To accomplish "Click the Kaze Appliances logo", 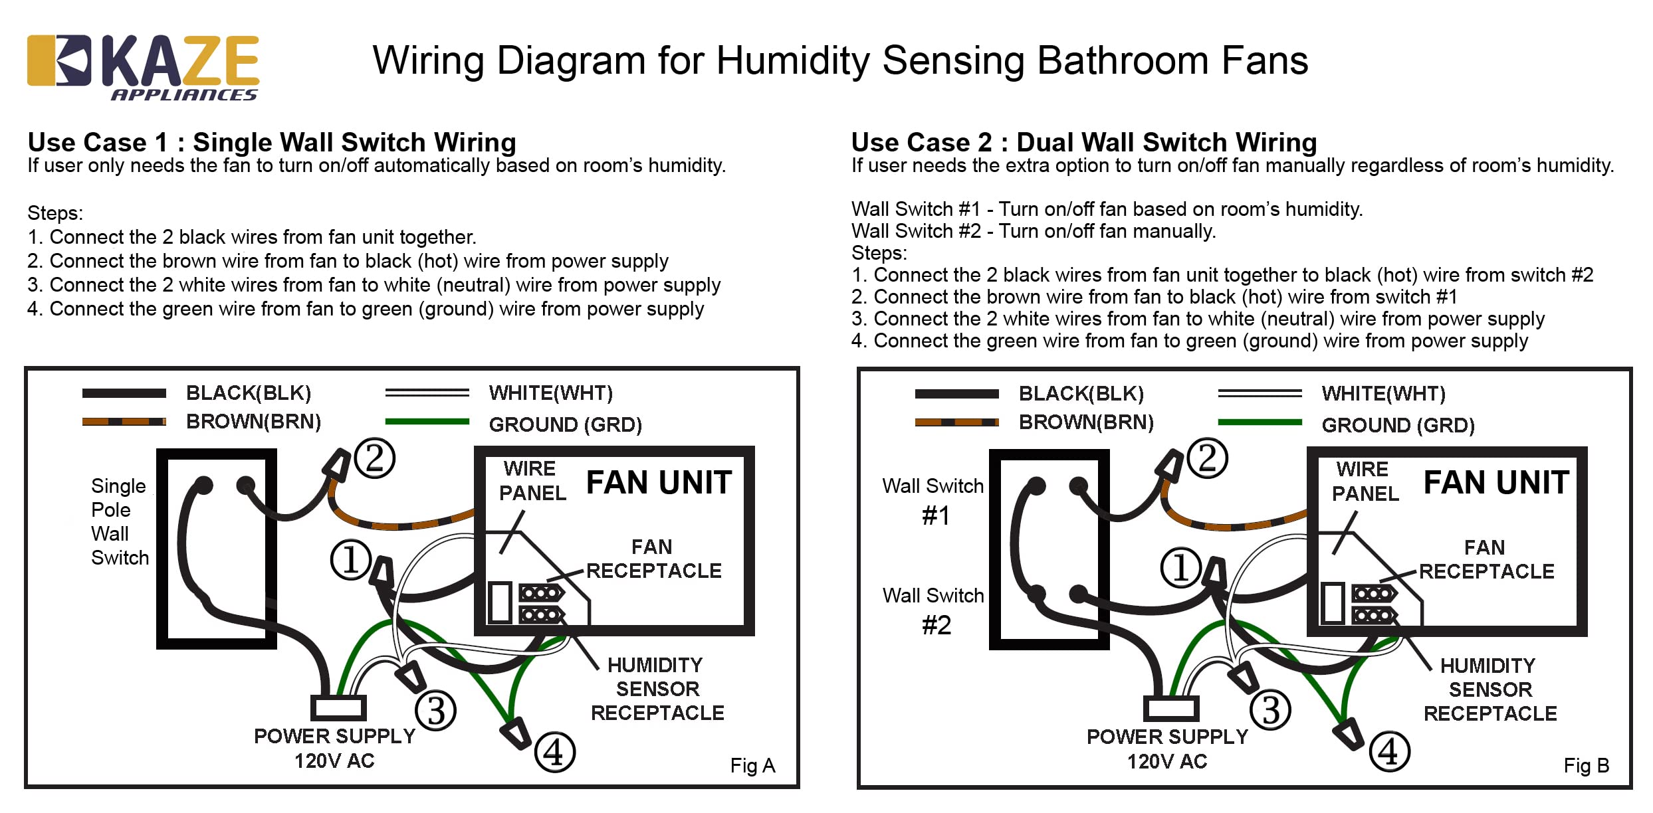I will point(142,66).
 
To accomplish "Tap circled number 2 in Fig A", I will point(375,458).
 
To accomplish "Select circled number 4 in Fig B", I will point(1389,752).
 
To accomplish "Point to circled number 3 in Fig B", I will point(1270,710).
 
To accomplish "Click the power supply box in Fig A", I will point(338,708).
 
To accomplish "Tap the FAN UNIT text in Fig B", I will point(1495,483).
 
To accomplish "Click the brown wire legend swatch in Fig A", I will point(124,422).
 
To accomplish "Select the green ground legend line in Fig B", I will point(1260,422).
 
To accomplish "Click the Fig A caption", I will point(752,766).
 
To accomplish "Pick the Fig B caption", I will point(1586,766).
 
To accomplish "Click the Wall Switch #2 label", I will point(934,610).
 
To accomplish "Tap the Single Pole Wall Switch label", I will point(120,521).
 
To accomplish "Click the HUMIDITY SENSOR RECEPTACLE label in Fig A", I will point(657,689).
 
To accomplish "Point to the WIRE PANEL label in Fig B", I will point(1365,482).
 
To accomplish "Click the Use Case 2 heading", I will point(1083,142).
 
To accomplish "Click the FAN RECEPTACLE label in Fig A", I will point(653,559).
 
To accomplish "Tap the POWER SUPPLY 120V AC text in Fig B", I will point(1167,749).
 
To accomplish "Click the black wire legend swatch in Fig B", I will point(956,394).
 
